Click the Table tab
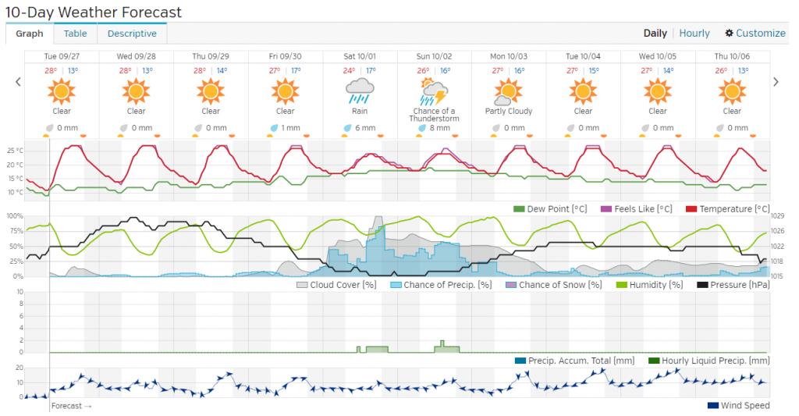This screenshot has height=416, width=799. point(76,34)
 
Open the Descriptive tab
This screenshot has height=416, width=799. point(132,34)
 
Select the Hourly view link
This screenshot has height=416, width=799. point(694,33)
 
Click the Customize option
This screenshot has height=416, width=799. point(755,33)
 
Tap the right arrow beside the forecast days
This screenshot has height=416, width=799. point(776,81)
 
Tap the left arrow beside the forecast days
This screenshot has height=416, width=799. point(18,81)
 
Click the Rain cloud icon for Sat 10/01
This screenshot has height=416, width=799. point(360,91)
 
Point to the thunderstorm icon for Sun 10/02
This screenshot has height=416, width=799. point(434,92)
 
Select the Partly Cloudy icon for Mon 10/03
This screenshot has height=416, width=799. point(509,92)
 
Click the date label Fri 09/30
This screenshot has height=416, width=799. point(285,56)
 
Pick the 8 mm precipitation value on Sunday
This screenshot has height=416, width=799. point(439,128)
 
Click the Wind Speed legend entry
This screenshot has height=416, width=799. point(738,405)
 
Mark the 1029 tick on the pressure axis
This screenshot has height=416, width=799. point(776,216)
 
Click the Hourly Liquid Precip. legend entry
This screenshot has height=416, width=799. point(708,361)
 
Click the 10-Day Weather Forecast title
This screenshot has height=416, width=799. point(94,12)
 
